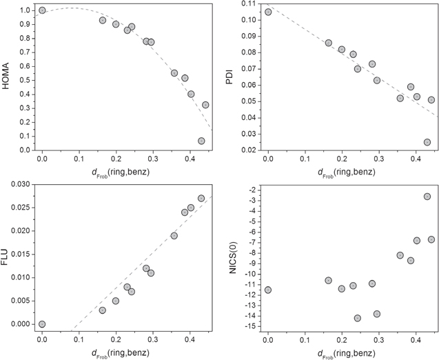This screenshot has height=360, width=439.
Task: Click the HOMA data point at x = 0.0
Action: click(x=42, y=10)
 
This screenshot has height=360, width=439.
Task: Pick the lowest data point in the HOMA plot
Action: click(x=201, y=141)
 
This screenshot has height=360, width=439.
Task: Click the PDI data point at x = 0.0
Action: click(x=268, y=12)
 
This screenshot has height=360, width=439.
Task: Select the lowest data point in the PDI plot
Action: click(x=427, y=142)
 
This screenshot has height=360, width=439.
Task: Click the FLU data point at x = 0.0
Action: click(x=42, y=324)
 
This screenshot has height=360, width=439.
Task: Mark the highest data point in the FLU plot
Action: click(x=201, y=198)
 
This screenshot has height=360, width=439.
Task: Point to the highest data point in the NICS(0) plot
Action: click(x=427, y=197)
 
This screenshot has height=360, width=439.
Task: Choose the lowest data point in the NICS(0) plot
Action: click(x=358, y=318)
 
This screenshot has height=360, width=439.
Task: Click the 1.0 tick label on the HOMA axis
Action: click(x=25, y=10)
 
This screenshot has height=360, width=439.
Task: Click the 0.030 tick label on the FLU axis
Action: click(x=21, y=184)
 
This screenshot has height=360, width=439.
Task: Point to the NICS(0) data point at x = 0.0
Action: click(x=268, y=290)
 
